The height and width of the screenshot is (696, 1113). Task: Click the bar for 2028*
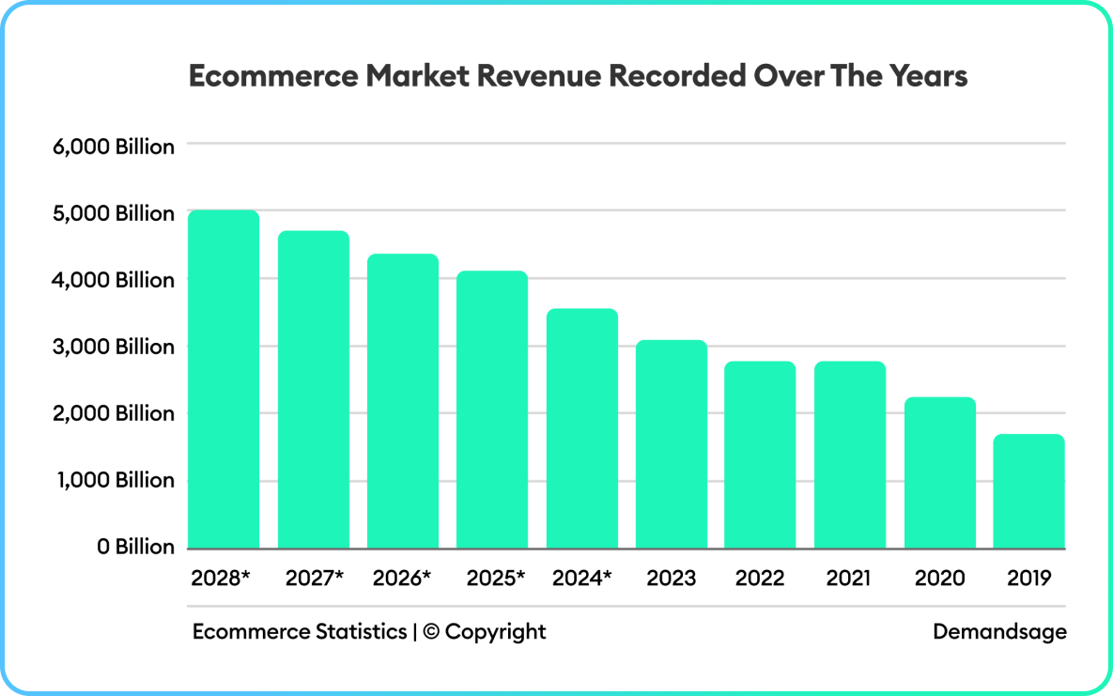click(223, 379)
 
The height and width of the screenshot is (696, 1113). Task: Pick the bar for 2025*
click(492, 410)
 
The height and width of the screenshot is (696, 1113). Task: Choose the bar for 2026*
click(402, 401)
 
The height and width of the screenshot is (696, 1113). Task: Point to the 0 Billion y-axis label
click(136, 547)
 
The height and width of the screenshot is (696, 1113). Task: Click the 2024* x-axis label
click(581, 578)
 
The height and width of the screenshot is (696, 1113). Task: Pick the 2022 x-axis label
click(760, 578)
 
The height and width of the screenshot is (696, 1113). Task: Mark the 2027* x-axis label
click(314, 578)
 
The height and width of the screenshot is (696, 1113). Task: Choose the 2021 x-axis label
click(849, 578)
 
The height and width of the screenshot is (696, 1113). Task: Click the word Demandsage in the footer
click(999, 631)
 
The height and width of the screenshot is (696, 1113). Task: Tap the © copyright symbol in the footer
click(431, 631)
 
